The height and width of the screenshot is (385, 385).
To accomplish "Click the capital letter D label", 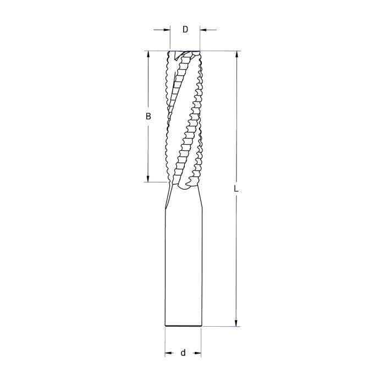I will (185, 30).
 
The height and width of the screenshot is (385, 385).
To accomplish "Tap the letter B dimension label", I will (147, 116).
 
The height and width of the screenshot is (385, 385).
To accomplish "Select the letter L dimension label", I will (235, 189).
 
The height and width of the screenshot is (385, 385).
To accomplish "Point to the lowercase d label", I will (183, 353).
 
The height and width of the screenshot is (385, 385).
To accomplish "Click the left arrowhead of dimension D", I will (166, 30).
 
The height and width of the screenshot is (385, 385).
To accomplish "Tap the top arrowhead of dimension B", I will (147, 56).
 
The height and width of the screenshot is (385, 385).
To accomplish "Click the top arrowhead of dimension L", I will (236, 56).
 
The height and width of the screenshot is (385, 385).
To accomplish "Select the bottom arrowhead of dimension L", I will (236, 323).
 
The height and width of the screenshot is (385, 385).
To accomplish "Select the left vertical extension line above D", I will (170, 38).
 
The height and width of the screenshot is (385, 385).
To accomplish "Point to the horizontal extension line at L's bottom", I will (220, 327).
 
